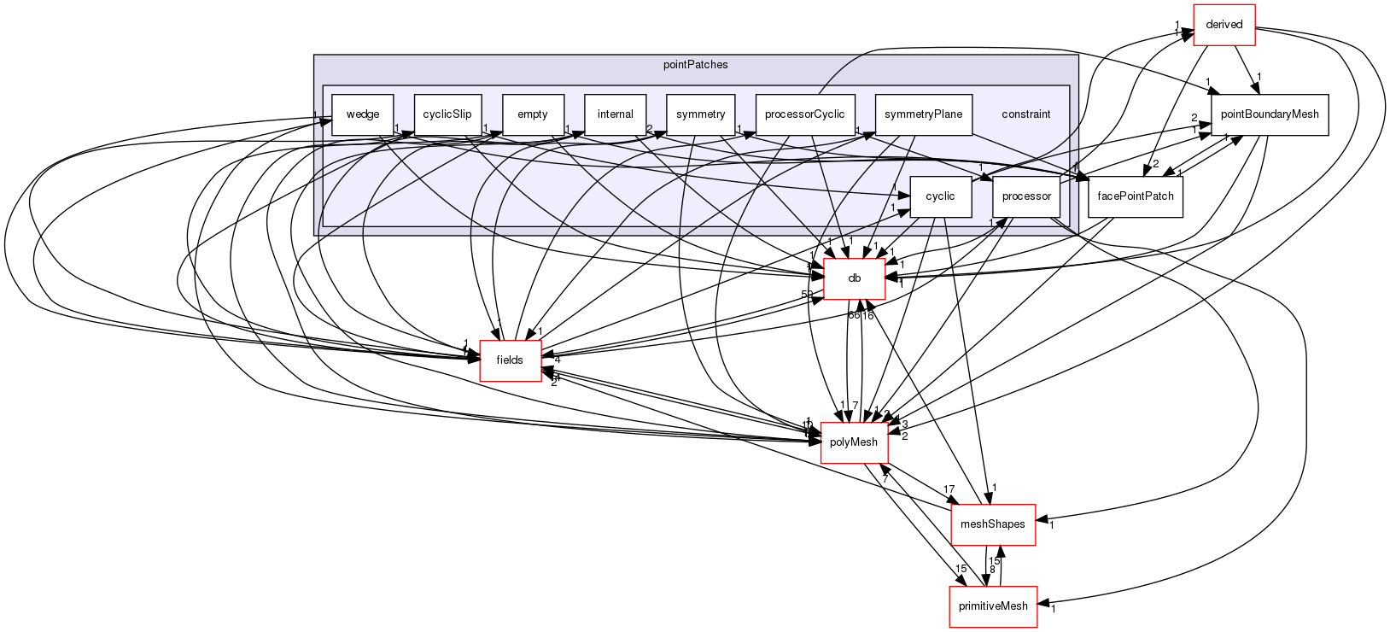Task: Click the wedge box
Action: point(362,114)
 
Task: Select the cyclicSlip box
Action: point(447,114)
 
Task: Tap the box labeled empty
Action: point(533,114)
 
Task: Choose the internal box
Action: point(615,114)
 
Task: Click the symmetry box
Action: point(700,114)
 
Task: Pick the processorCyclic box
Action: point(804,114)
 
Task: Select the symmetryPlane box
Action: point(923,114)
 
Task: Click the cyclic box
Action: point(940,196)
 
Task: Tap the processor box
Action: point(1026,196)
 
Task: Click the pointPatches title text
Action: point(695,65)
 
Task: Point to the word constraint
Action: point(1025,114)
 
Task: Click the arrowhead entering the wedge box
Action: point(325,121)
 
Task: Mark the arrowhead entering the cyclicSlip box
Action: point(409,134)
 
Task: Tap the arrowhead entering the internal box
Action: point(578,134)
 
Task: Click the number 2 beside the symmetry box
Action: point(650,129)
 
